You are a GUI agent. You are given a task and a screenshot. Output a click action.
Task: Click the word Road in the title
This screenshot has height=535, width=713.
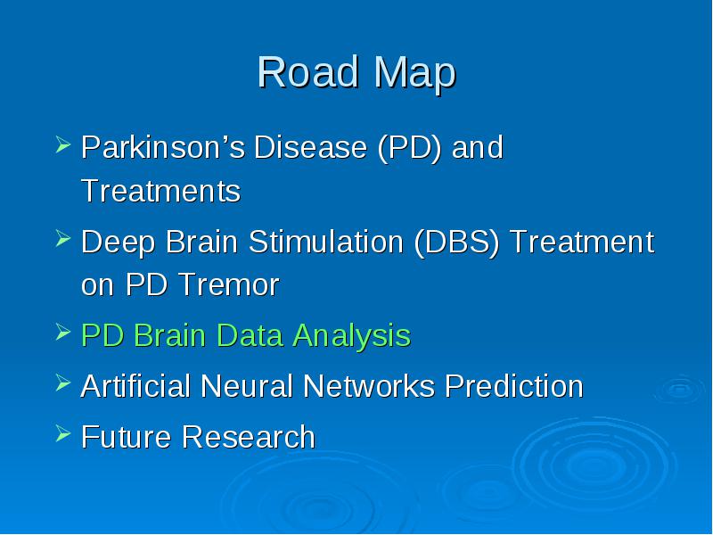click(307, 72)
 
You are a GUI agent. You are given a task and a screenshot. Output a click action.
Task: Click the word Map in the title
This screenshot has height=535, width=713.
click(414, 75)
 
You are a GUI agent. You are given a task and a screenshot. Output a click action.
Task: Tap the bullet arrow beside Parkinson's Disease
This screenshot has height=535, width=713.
click(63, 144)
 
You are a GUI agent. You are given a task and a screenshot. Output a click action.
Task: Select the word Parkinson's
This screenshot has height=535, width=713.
click(163, 147)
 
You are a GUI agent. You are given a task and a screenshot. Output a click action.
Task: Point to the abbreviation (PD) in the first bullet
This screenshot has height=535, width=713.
click(409, 148)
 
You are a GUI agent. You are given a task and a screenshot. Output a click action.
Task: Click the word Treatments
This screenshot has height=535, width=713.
click(160, 191)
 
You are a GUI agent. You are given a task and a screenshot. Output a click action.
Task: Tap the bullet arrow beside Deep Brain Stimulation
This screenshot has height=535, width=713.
click(63, 238)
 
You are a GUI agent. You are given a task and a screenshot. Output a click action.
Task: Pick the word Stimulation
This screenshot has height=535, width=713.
click(325, 241)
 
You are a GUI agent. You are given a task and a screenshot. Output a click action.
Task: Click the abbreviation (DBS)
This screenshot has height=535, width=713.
click(457, 242)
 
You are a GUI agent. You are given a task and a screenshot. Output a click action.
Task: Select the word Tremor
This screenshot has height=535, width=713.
click(229, 284)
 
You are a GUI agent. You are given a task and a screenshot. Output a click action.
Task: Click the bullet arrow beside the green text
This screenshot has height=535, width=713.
click(63, 332)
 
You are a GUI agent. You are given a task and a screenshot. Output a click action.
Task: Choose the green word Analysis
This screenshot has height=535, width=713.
click(351, 336)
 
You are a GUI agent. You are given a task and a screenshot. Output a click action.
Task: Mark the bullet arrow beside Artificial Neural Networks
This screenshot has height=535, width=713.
click(63, 383)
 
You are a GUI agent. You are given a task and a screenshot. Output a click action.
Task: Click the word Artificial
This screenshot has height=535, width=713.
click(135, 386)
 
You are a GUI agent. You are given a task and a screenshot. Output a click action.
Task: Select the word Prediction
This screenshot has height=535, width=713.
click(514, 386)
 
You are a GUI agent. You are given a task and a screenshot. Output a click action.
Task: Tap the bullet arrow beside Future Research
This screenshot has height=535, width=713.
click(63, 433)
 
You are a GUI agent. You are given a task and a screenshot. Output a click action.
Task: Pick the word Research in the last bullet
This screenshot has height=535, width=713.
click(249, 437)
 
